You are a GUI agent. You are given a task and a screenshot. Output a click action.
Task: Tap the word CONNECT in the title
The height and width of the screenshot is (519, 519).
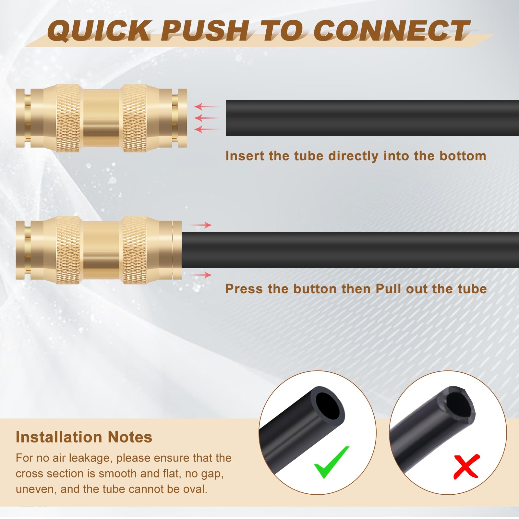pyautogui.click(x=392, y=31)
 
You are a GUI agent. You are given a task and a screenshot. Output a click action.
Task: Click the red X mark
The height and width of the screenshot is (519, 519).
pyautogui.click(x=466, y=466)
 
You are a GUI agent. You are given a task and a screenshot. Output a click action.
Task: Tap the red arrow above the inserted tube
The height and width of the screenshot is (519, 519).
pyautogui.click(x=201, y=225)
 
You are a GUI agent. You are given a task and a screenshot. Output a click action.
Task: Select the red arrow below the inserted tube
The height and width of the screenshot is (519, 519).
pyautogui.click(x=201, y=275)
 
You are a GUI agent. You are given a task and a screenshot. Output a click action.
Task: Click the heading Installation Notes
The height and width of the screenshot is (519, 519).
pyautogui.click(x=84, y=437)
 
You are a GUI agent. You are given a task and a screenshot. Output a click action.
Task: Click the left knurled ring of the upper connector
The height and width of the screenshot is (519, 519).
pyautogui.click(x=68, y=118)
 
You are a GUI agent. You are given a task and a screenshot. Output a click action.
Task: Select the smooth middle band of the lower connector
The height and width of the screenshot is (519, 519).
pyautogui.click(x=101, y=250)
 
